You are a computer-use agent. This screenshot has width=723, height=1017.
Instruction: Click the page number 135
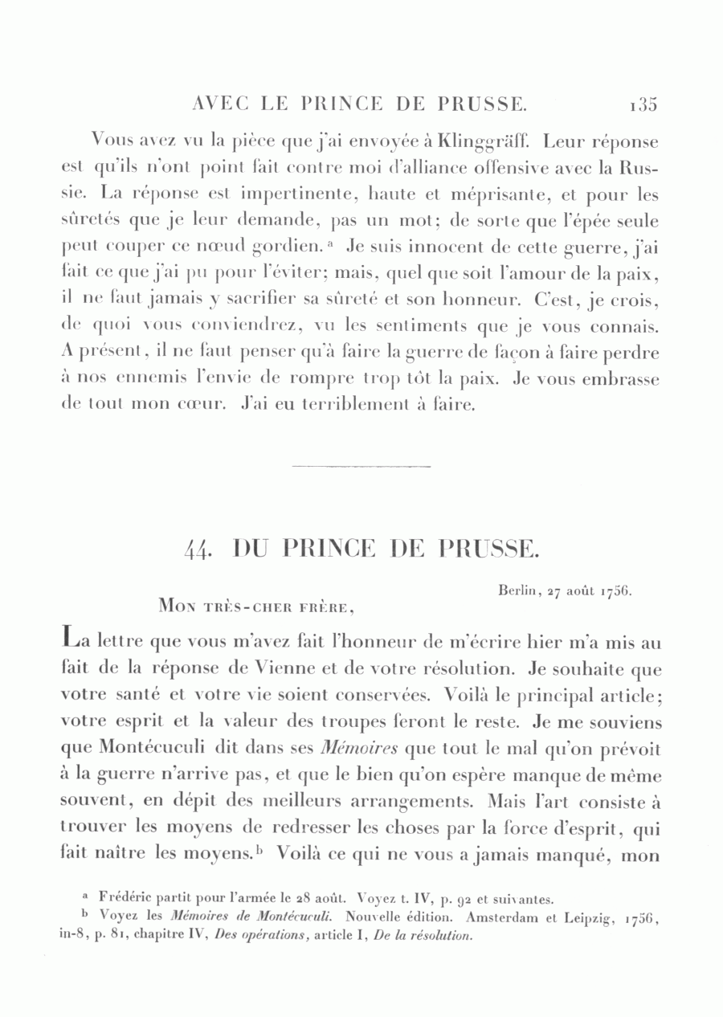(643, 104)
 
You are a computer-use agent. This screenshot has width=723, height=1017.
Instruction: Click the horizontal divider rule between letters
(361, 466)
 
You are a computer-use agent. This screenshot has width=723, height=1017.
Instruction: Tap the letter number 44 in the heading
(197, 550)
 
